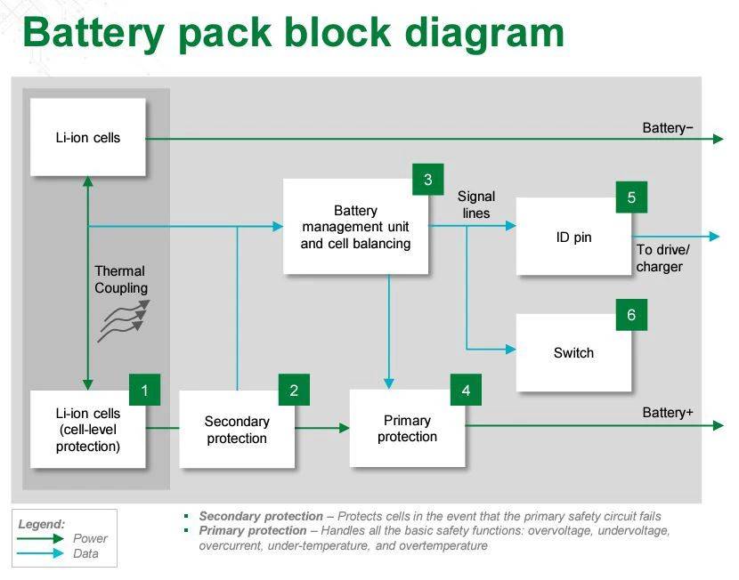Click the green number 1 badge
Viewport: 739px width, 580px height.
[x=145, y=390]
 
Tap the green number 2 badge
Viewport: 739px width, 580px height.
[x=294, y=390]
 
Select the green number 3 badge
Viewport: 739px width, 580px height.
[x=428, y=180]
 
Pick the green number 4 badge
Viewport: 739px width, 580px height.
[x=467, y=390]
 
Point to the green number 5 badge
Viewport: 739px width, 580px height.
[x=631, y=197]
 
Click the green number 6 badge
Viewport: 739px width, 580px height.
[x=631, y=315]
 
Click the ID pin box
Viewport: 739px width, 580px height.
[x=573, y=237]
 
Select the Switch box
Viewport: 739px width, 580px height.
[x=573, y=352]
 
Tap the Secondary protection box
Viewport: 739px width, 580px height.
[x=237, y=430]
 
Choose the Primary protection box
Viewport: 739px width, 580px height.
[x=408, y=429]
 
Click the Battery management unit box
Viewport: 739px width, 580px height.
[x=356, y=227]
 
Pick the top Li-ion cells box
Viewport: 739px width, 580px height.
[x=88, y=138]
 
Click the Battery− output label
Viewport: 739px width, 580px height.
[x=668, y=128]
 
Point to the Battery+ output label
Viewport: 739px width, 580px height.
[x=668, y=413]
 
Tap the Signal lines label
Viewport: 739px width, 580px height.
[x=476, y=205]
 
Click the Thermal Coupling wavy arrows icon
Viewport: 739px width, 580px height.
[x=124, y=321]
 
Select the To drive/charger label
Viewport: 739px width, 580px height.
[x=662, y=258]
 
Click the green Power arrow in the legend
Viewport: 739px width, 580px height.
[x=40, y=538]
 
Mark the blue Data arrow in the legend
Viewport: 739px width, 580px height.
[x=40, y=553]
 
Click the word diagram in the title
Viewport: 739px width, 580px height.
[x=484, y=34]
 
